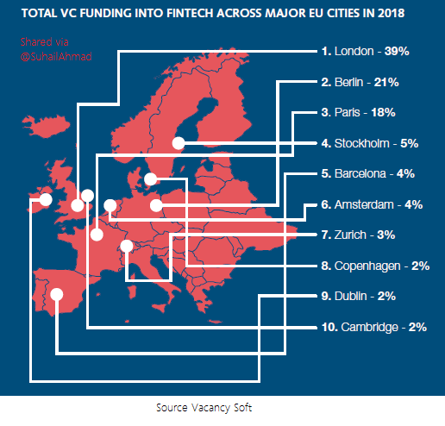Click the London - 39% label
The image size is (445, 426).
pyautogui.click(x=365, y=52)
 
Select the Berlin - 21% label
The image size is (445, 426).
pyautogui.click(x=360, y=82)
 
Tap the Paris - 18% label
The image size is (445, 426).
pyautogui.click(x=358, y=112)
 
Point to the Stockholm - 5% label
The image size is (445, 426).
pyautogui.click(x=370, y=143)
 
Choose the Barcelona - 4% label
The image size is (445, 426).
pyautogui.click(x=368, y=173)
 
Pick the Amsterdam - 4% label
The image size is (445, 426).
pyautogui.click(x=372, y=204)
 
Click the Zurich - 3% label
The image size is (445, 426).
pyautogui.click(x=358, y=235)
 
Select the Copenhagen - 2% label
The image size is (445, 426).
pyautogui.click(x=375, y=266)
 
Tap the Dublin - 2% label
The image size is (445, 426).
pyautogui.click(x=359, y=296)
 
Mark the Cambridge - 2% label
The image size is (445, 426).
pyautogui.click(x=374, y=327)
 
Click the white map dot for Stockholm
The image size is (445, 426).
pyautogui.click(x=179, y=143)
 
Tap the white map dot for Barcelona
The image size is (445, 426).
pyautogui.click(x=57, y=294)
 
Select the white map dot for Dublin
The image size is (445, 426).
pyautogui.click(x=46, y=199)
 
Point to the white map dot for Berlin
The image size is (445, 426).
pyautogui.click(x=156, y=205)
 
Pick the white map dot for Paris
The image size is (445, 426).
pyautogui.click(x=97, y=235)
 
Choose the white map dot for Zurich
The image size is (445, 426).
pyautogui.click(x=127, y=246)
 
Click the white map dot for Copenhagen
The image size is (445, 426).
pyautogui.click(x=150, y=179)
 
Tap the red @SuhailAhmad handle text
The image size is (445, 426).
pyautogui.click(x=56, y=57)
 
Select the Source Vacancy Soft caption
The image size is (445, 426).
pyautogui.click(x=204, y=408)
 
